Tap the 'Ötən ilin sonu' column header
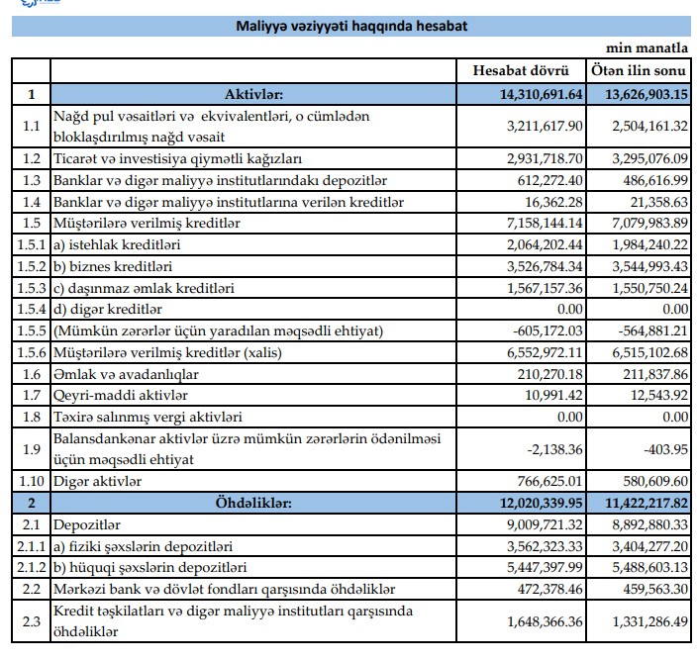639,71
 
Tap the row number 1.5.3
30,287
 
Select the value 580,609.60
651,481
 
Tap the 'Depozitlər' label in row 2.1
87,523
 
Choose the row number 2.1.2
30,567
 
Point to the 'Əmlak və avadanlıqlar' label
127,374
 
